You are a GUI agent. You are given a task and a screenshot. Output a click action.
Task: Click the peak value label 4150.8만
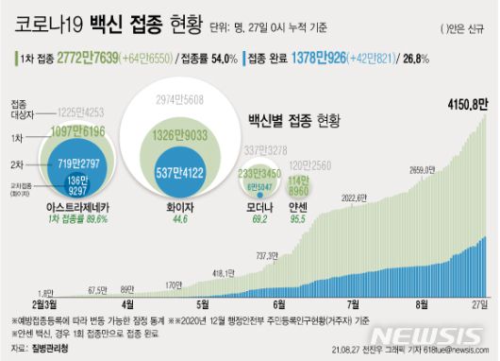tap(465, 100)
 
